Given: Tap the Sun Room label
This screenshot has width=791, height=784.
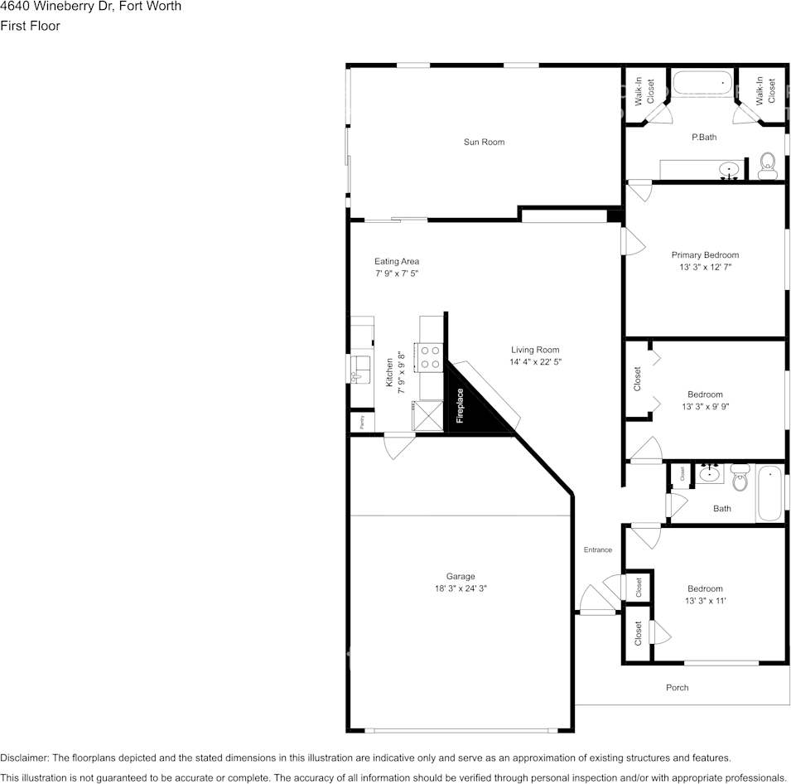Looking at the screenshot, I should tap(484, 143).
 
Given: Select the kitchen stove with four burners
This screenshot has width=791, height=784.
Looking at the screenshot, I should tap(431, 357).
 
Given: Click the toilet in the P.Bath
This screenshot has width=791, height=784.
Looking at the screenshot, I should tap(768, 167).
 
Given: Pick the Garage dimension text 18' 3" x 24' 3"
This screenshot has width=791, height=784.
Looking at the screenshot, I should tap(461, 588).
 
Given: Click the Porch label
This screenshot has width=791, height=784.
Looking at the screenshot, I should tap(677, 688).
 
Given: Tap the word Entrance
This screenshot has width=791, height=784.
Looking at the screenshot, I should tap(597, 550).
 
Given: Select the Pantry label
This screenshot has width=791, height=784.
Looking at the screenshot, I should tap(362, 422).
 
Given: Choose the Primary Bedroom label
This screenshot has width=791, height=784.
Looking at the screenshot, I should tap(705, 255).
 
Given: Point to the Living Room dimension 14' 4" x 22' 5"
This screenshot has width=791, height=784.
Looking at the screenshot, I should tap(535, 362).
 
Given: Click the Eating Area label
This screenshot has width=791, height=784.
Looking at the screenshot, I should tap(397, 262).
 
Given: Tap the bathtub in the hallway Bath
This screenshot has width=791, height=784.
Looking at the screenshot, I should tap(769, 494).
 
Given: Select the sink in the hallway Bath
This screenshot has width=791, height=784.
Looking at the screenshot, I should tap(709, 475).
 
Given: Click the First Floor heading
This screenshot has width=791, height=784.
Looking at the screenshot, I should tap(30, 26).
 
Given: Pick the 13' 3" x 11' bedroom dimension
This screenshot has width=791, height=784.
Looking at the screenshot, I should tap(705, 601).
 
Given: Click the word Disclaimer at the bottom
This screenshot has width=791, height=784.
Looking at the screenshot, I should tap(24, 757).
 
